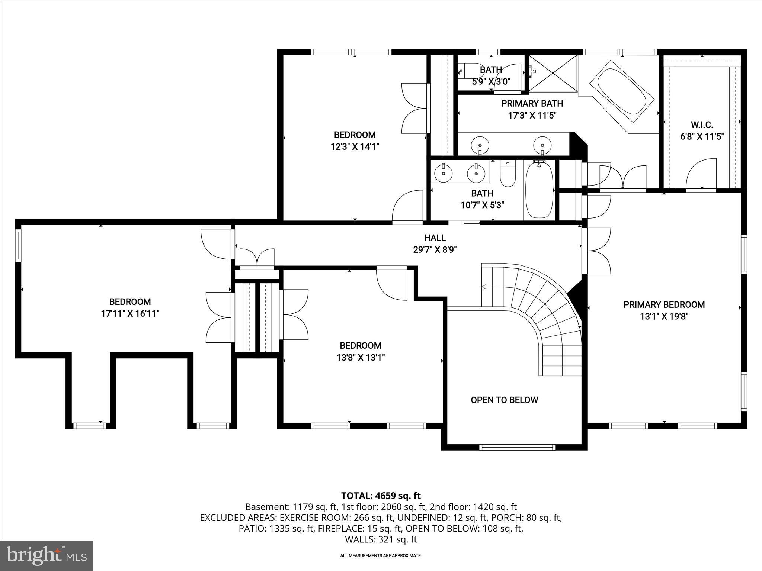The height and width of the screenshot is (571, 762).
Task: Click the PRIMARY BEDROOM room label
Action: [664, 305]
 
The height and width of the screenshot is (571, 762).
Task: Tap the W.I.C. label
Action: [702, 125]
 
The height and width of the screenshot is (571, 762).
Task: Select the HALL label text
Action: [435, 238]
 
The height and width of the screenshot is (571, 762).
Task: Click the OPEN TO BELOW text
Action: [504, 400]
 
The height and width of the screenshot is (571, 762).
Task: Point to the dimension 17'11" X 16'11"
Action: [130, 314]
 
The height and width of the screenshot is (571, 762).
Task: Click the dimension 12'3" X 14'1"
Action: [355, 147]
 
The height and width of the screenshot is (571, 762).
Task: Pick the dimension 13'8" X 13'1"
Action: [360, 358]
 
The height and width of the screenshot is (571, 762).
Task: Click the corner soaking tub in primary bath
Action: [621, 92]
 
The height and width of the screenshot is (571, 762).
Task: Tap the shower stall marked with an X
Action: [553, 73]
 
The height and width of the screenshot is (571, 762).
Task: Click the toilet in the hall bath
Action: [508, 174]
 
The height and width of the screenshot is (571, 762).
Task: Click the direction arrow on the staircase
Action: [484, 287]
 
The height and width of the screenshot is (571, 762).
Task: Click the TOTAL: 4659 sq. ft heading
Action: [381, 496]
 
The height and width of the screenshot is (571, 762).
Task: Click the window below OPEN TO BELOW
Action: [517, 447]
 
